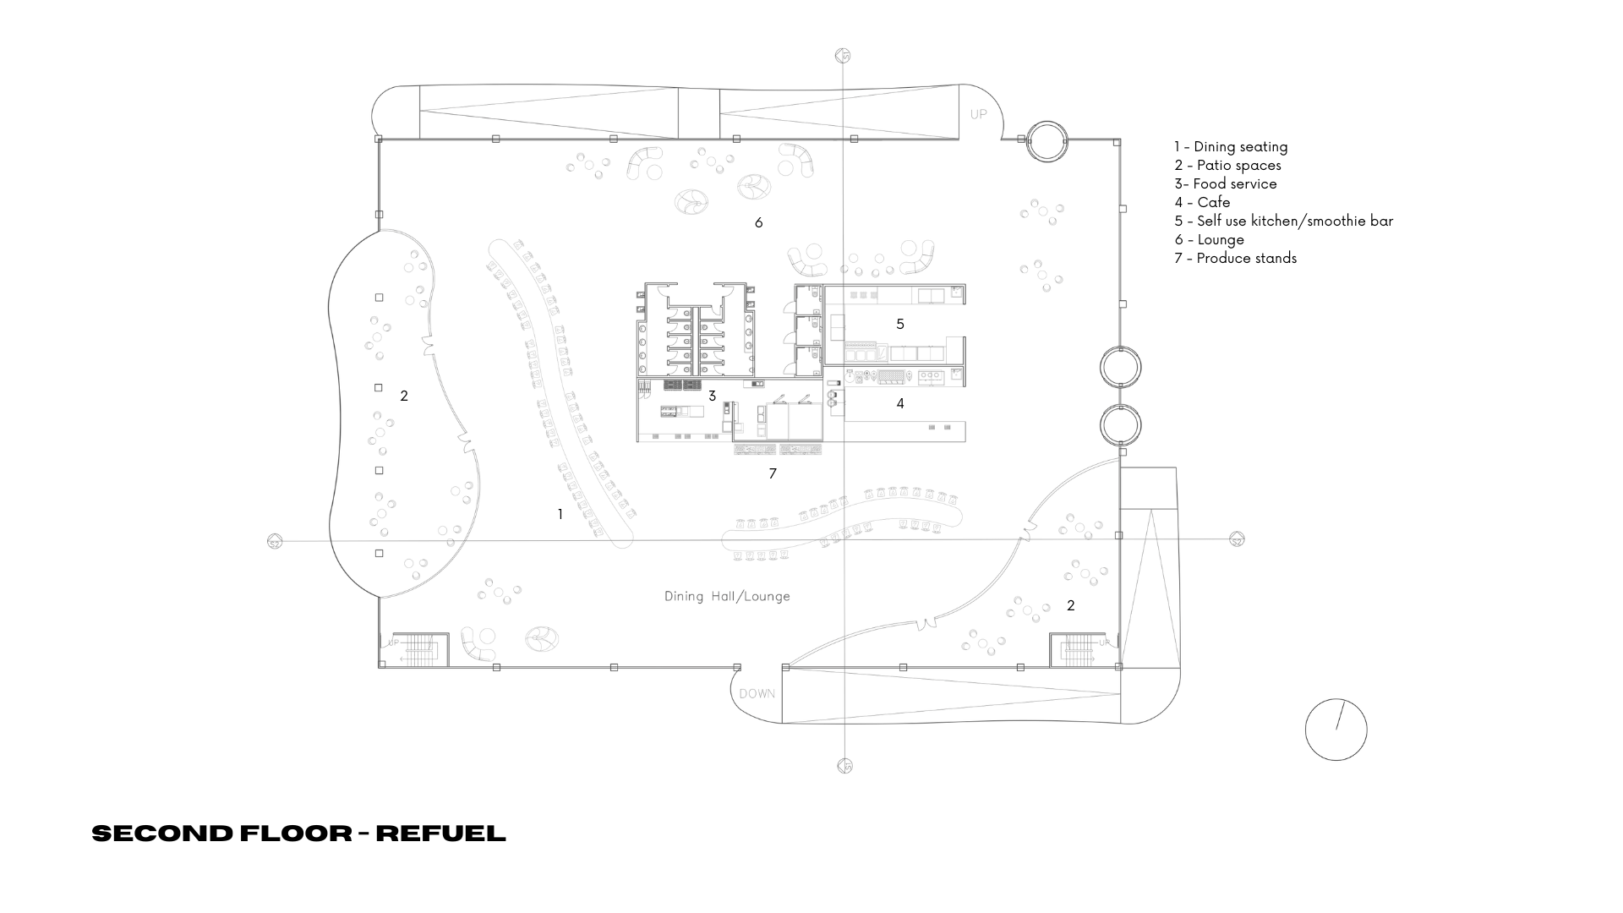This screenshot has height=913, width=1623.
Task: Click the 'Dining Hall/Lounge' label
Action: click(x=727, y=596)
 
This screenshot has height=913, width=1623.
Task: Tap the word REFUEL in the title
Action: click(x=440, y=834)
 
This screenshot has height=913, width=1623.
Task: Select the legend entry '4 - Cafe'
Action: click(x=1202, y=202)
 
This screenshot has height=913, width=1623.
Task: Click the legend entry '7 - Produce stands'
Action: click(x=1235, y=258)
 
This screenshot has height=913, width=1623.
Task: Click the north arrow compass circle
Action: click(x=1336, y=730)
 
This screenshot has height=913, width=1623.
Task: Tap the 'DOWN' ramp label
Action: click(x=757, y=694)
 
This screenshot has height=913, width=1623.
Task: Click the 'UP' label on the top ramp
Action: click(x=978, y=114)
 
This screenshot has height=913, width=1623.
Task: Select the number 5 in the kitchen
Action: click(x=900, y=324)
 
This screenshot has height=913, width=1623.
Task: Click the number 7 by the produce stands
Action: click(x=772, y=474)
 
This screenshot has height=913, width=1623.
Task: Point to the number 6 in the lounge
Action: click(x=758, y=223)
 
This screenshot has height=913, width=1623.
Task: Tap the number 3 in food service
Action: click(x=712, y=396)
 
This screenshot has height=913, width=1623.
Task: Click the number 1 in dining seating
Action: click(x=560, y=514)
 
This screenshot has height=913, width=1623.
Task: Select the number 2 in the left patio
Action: click(x=404, y=396)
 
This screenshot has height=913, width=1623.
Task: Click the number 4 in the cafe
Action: click(x=900, y=404)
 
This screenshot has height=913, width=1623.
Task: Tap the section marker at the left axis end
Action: click(x=274, y=541)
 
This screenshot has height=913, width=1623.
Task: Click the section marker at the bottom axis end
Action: click(x=844, y=766)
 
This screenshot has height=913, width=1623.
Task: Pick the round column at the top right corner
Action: click(x=1046, y=141)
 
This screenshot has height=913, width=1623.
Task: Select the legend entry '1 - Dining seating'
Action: click(x=1231, y=146)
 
